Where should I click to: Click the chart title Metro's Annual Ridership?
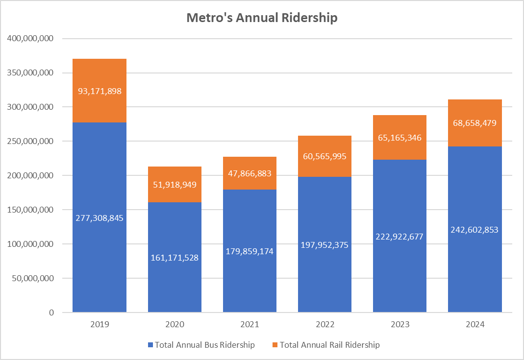(x=262, y=18)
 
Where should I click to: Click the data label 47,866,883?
(x=250, y=173)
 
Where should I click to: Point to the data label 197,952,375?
(x=324, y=245)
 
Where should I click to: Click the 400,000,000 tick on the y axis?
(x=30, y=38)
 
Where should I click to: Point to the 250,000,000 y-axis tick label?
(x=30, y=141)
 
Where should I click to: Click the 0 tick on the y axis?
(x=51, y=312)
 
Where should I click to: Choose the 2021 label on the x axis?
(x=250, y=324)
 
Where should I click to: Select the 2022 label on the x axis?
(x=324, y=324)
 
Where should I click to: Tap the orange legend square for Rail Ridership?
(x=275, y=345)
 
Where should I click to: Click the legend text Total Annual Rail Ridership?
(x=329, y=345)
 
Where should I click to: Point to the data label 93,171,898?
(x=100, y=91)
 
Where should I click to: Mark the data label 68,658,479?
(x=474, y=123)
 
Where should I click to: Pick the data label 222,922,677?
(x=399, y=237)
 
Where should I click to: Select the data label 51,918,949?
(x=175, y=185)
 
